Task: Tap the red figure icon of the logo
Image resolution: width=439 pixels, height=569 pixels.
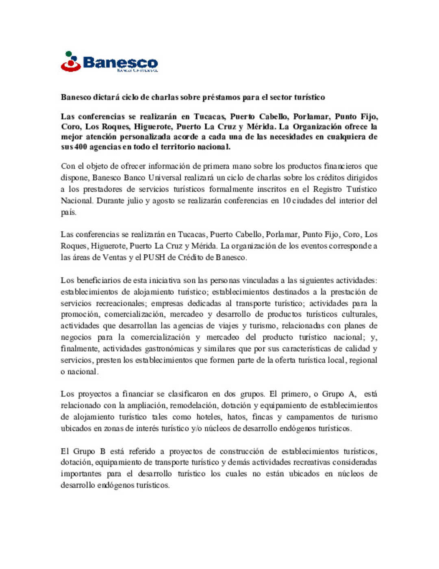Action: click(x=71, y=64)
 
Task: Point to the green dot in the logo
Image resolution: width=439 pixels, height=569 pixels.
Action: click(x=69, y=53)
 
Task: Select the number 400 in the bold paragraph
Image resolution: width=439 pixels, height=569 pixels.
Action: click(x=81, y=147)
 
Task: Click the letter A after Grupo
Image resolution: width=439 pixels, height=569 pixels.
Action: click(x=352, y=394)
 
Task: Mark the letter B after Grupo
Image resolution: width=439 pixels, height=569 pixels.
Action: click(x=103, y=451)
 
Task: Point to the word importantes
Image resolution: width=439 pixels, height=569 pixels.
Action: click(x=81, y=474)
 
